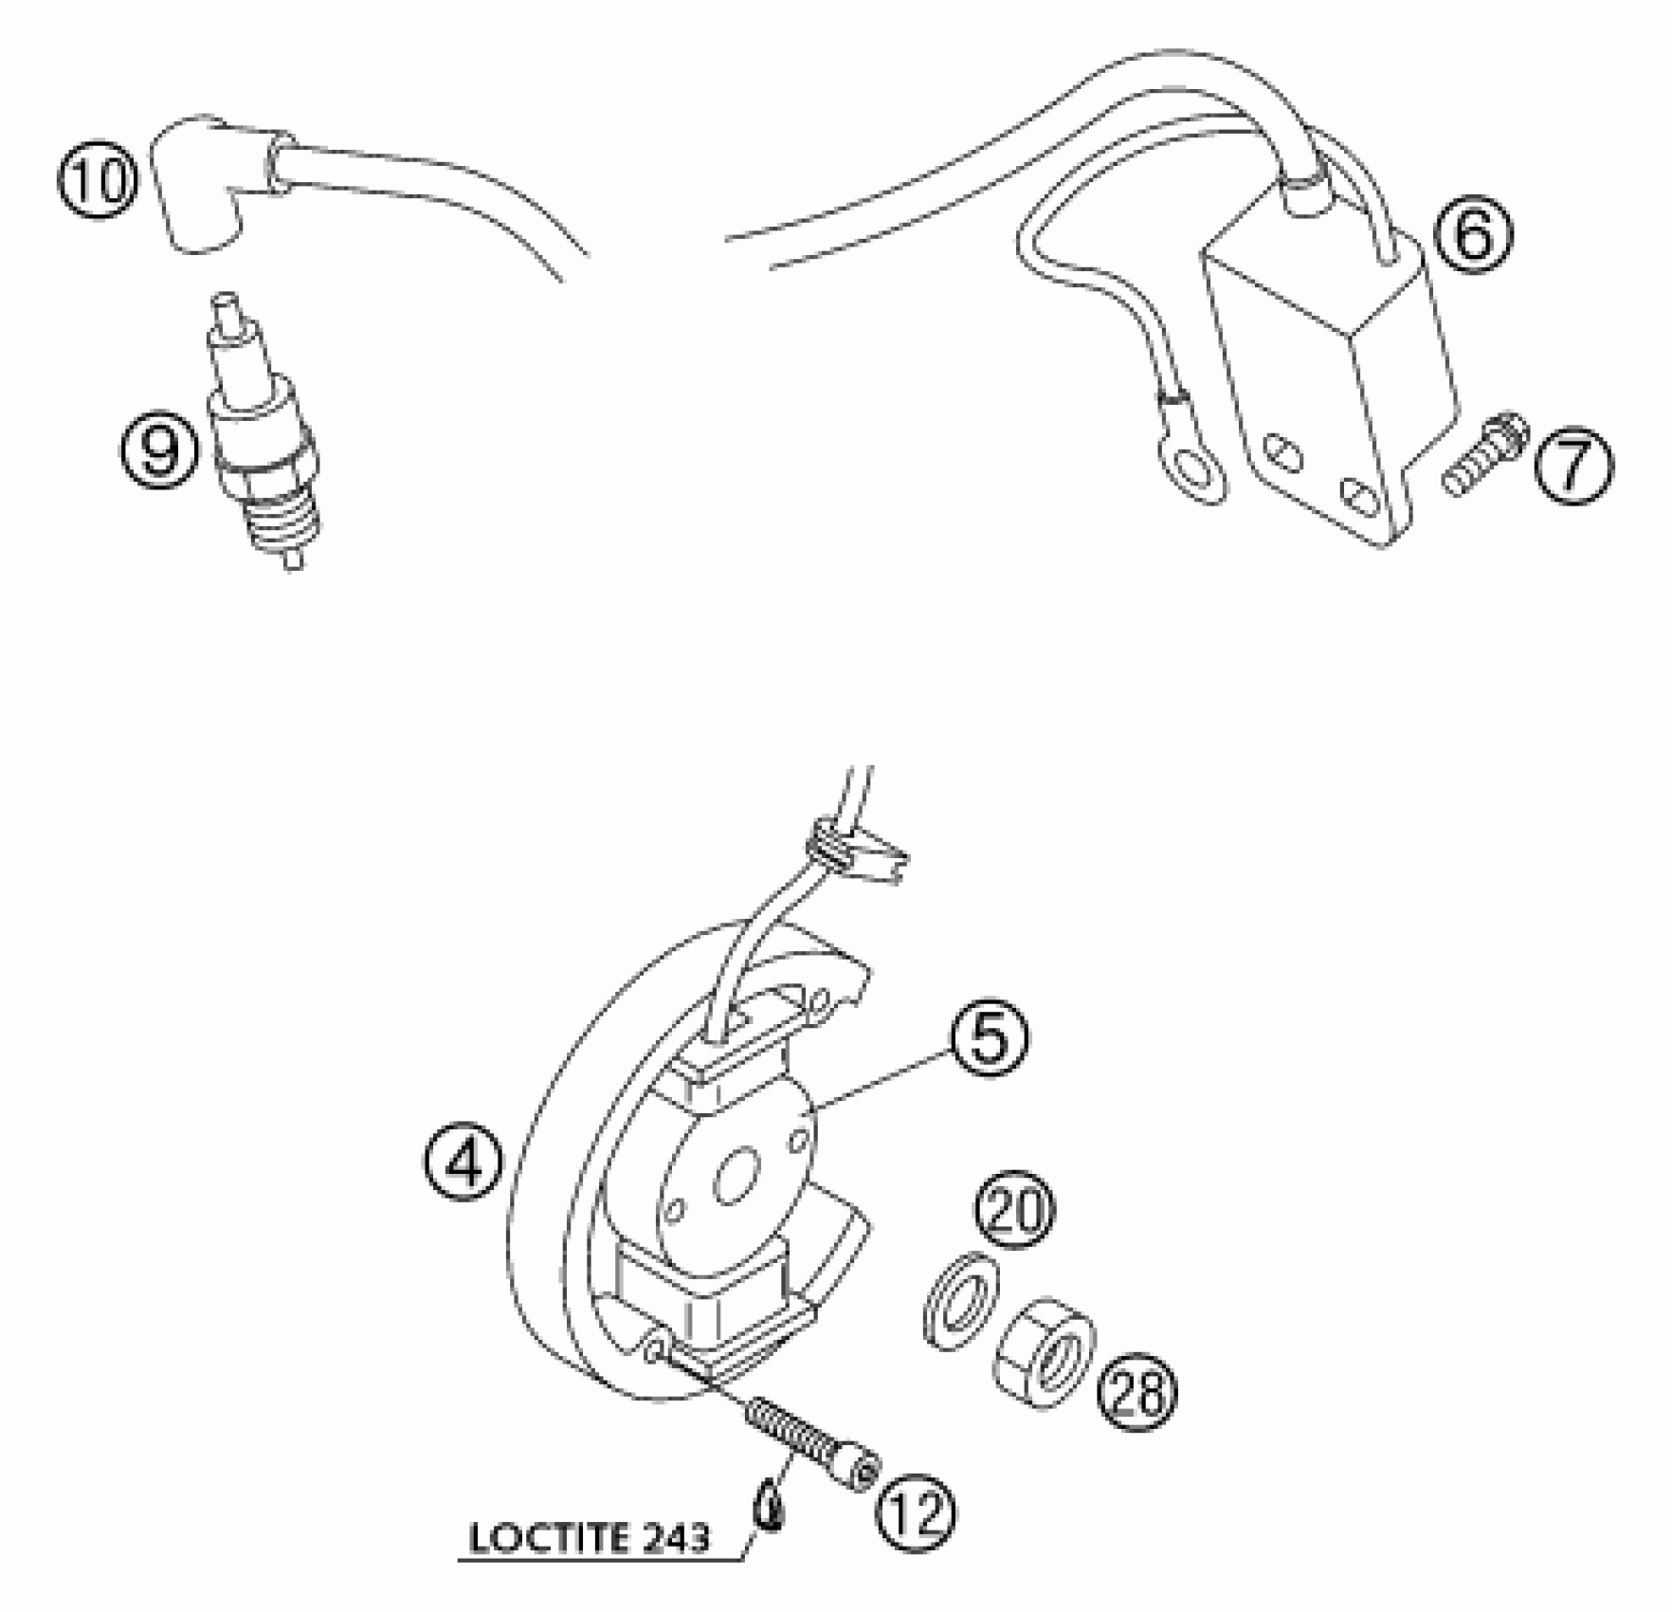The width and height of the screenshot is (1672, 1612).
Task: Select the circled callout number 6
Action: click(1472, 234)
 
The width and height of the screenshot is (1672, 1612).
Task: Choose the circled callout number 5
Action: click(988, 1040)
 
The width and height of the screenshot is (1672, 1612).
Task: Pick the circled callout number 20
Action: click(1015, 1210)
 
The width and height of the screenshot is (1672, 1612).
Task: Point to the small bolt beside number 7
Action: click(1485, 465)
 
